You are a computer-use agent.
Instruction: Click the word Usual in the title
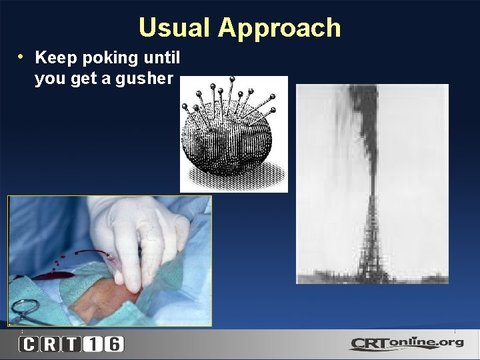pos(175,28)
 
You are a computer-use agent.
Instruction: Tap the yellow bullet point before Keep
pos(22,57)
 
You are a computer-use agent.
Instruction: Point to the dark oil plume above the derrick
pos(364,120)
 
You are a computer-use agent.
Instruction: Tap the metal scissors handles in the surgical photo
pos(25,310)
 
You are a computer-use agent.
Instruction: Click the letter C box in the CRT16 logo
pos(29,344)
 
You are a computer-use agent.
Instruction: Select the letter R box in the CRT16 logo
pos(51,344)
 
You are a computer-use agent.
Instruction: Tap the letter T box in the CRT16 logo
pos(72,344)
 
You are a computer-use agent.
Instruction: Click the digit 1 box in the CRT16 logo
pos(93,344)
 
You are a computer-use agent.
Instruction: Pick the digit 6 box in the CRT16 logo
pos(113,344)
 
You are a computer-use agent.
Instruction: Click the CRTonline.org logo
pos(406,343)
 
